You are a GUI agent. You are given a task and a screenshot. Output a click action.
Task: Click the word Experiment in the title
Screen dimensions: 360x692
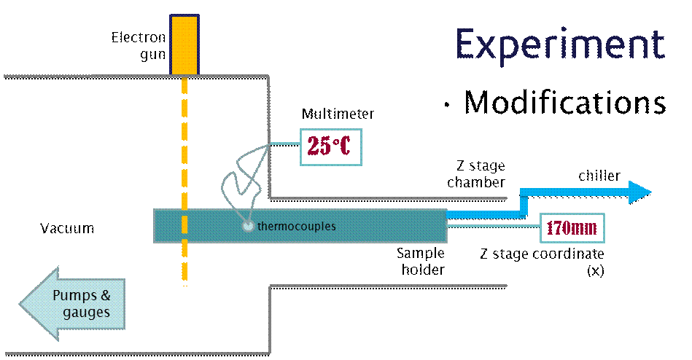[560, 44]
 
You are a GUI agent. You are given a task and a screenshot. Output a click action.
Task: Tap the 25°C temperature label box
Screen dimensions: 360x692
[330, 146]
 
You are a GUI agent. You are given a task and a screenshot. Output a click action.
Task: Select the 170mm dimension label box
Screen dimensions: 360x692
[572, 228]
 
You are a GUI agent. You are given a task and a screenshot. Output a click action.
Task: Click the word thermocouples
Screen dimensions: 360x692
[297, 226]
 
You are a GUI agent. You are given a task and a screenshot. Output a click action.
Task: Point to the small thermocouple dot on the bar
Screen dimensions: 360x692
[248, 226]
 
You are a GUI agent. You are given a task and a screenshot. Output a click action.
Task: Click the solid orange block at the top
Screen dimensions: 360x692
[184, 44]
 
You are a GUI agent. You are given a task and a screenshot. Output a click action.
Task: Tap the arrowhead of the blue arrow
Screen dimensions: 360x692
[639, 192]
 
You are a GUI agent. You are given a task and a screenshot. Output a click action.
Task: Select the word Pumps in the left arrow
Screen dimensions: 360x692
[81, 296]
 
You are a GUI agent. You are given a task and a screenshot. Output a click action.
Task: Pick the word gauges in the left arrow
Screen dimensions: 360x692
[86, 313]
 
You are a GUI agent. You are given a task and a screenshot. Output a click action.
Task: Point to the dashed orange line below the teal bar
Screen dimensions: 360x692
[184, 262]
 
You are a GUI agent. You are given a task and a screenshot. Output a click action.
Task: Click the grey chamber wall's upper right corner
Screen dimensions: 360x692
[269, 76]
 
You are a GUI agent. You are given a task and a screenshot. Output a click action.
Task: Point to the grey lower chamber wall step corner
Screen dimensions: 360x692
[271, 286]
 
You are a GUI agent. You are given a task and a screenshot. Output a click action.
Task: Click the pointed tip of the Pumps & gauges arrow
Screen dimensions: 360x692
[20, 304]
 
